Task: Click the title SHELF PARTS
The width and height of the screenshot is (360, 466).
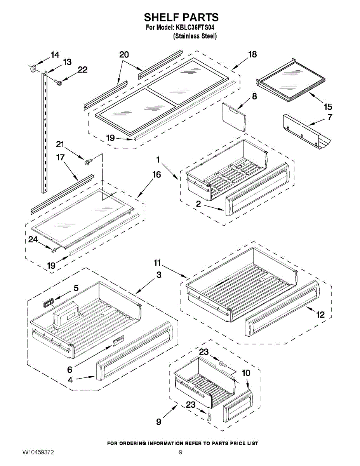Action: (181, 17)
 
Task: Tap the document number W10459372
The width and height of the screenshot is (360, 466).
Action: (38, 452)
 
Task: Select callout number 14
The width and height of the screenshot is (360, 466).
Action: (55, 55)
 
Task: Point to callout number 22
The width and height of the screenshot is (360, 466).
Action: (82, 70)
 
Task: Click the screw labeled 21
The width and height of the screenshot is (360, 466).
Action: (87, 160)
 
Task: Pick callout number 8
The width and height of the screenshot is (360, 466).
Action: (254, 96)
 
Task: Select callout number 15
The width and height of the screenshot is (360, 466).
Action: (328, 107)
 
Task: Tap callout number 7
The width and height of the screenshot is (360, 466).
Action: (330, 116)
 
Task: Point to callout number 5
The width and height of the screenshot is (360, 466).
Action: (76, 288)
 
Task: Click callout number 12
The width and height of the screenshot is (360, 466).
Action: (320, 315)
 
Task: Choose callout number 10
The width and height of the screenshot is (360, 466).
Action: (246, 373)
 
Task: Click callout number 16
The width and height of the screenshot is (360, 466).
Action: (156, 174)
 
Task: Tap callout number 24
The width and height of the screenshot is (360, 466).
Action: (33, 240)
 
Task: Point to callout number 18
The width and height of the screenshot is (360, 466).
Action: (252, 54)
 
